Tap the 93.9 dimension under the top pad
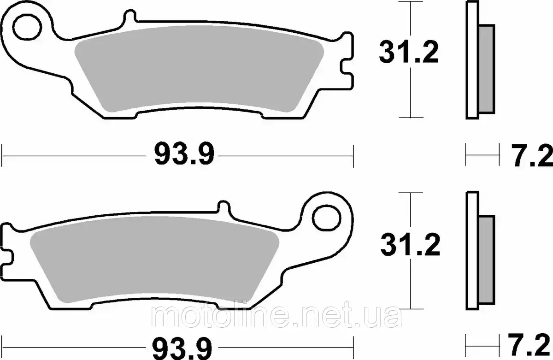click(184, 153)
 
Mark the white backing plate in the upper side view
click(472, 60)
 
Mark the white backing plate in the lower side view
click(472, 251)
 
